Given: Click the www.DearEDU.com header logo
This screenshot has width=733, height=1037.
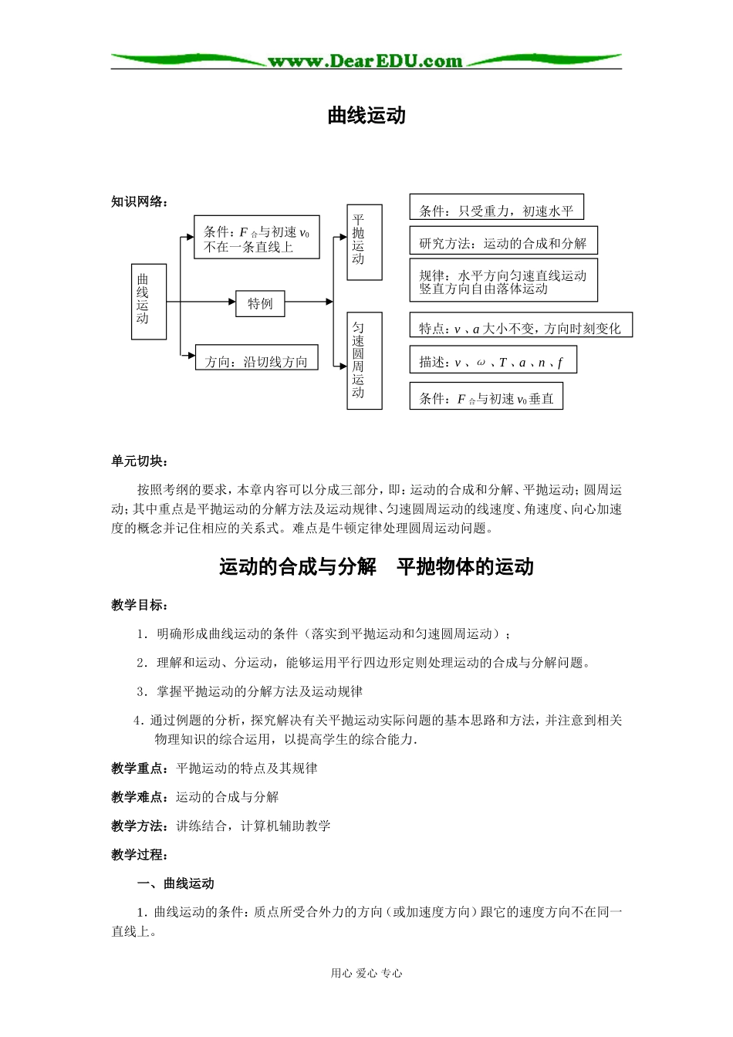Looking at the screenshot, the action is pyautogui.click(x=365, y=61).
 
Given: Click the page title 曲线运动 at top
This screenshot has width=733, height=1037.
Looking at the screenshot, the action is pyautogui.click(x=366, y=116).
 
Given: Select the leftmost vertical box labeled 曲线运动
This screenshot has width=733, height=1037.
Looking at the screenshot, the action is pyautogui.click(x=149, y=302).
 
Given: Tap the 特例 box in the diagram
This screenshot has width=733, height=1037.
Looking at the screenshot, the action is pyautogui.click(x=260, y=303).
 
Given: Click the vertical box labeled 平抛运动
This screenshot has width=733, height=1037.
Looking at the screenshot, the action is pyautogui.click(x=364, y=242).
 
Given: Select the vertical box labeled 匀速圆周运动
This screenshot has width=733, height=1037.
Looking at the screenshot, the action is pyautogui.click(x=364, y=360).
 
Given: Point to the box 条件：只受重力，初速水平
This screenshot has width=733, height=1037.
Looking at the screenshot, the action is pyautogui.click(x=496, y=208).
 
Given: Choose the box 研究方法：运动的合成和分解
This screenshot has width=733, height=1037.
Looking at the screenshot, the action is pyautogui.click(x=503, y=242).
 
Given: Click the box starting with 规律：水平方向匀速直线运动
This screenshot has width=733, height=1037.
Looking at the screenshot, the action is pyautogui.click(x=503, y=281).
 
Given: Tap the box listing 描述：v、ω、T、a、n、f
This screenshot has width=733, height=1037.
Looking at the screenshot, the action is pyautogui.click(x=492, y=361).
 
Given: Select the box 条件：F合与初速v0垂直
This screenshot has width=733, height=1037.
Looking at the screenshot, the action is pyautogui.click(x=486, y=397).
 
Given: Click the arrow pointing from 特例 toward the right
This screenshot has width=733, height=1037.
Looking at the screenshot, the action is pyautogui.click(x=309, y=302).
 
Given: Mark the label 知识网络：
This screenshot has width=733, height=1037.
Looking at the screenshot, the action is pyautogui.click(x=140, y=201).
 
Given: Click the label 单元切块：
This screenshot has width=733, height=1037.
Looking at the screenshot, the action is pyautogui.click(x=140, y=461).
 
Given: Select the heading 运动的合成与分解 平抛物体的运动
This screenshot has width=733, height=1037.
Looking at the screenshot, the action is pyautogui.click(x=377, y=566).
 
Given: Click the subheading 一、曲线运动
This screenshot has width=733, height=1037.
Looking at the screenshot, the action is pyautogui.click(x=175, y=883).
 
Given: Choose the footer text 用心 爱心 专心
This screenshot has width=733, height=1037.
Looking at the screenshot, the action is pyautogui.click(x=366, y=973).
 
